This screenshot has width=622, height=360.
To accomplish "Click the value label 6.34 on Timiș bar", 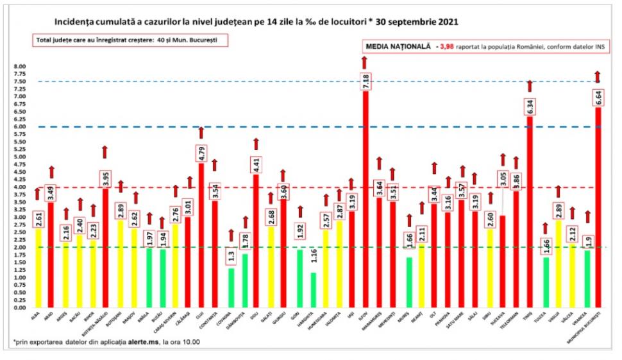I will (x=530, y=107).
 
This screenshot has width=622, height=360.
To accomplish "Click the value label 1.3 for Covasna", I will (x=230, y=256).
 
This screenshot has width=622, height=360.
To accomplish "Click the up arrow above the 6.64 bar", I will (x=598, y=76).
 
